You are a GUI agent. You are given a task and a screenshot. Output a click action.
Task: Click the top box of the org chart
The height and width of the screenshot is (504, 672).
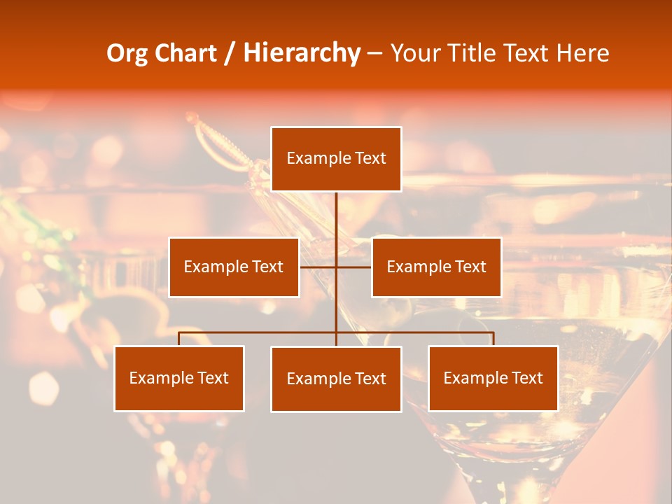336,159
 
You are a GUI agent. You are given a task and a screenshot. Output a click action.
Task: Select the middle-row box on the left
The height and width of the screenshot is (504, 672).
234,267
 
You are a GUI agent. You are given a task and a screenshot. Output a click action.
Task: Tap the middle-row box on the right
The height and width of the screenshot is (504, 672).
436,267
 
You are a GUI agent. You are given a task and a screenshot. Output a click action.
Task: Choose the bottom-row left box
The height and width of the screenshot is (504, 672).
179,379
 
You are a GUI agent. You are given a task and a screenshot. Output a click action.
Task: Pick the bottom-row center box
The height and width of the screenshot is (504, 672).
336,379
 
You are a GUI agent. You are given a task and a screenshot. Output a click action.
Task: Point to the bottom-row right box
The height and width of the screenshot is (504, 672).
493,379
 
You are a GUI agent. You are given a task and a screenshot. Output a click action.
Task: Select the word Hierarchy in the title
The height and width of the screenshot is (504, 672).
301,53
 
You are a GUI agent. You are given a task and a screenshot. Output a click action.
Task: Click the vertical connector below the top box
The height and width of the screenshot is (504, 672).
336,217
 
